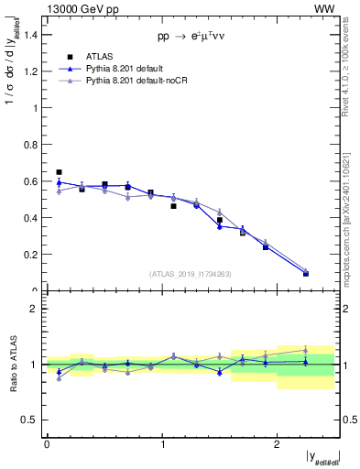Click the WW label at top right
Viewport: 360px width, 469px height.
tap(325, 8)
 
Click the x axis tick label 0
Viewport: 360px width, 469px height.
tap(47, 443)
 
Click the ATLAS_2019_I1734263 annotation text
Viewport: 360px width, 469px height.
tap(191, 274)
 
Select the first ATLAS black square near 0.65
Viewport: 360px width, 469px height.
tap(59, 172)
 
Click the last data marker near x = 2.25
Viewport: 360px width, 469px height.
tap(306, 273)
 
